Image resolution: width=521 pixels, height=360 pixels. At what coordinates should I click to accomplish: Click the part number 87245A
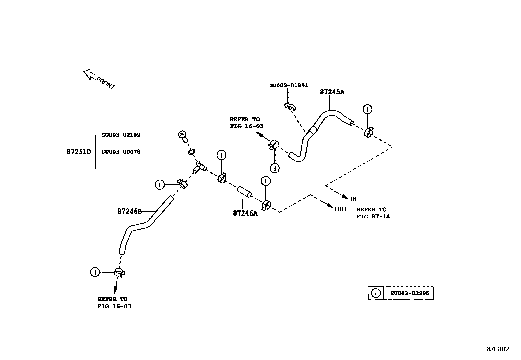tap(332, 92)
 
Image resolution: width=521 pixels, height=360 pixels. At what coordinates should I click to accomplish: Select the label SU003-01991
tap(288, 85)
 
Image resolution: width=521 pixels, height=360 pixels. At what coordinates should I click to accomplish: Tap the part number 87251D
tap(79, 152)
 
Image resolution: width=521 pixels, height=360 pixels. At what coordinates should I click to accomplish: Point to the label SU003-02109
tap(121, 135)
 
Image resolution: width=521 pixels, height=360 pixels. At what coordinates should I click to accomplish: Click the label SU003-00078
tap(121, 152)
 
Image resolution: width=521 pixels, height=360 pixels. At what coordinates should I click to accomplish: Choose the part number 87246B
tap(129, 211)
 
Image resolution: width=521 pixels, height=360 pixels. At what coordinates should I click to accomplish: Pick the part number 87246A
tap(245, 213)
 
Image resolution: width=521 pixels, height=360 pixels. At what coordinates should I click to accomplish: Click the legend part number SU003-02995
tap(409, 293)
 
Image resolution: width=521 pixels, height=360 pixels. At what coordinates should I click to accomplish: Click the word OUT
tap(341, 209)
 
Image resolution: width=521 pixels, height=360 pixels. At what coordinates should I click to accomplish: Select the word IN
tap(353, 199)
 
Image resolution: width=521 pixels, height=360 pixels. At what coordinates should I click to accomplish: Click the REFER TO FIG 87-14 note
tap(373, 213)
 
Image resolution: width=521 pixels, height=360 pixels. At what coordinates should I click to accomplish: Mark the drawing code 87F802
tap(497, 349)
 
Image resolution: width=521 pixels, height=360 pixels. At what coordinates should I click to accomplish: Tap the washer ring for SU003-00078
tap(192, 152)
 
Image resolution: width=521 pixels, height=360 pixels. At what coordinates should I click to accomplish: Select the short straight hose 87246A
tap(244, 192)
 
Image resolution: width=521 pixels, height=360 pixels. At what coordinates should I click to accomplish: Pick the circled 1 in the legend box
tap(376, 293)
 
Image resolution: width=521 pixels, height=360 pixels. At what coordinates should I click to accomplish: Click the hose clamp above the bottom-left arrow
tap(119, 272)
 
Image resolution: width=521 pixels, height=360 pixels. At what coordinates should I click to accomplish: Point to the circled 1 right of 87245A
tap(368, 109)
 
